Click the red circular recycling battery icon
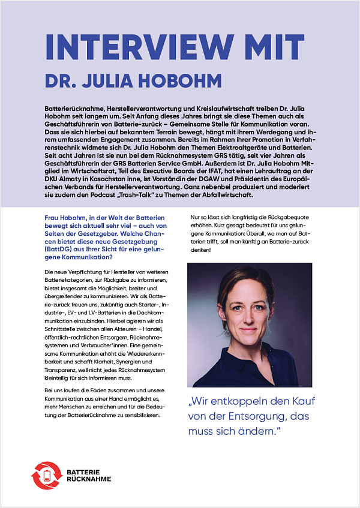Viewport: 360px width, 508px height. point(46,476)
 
